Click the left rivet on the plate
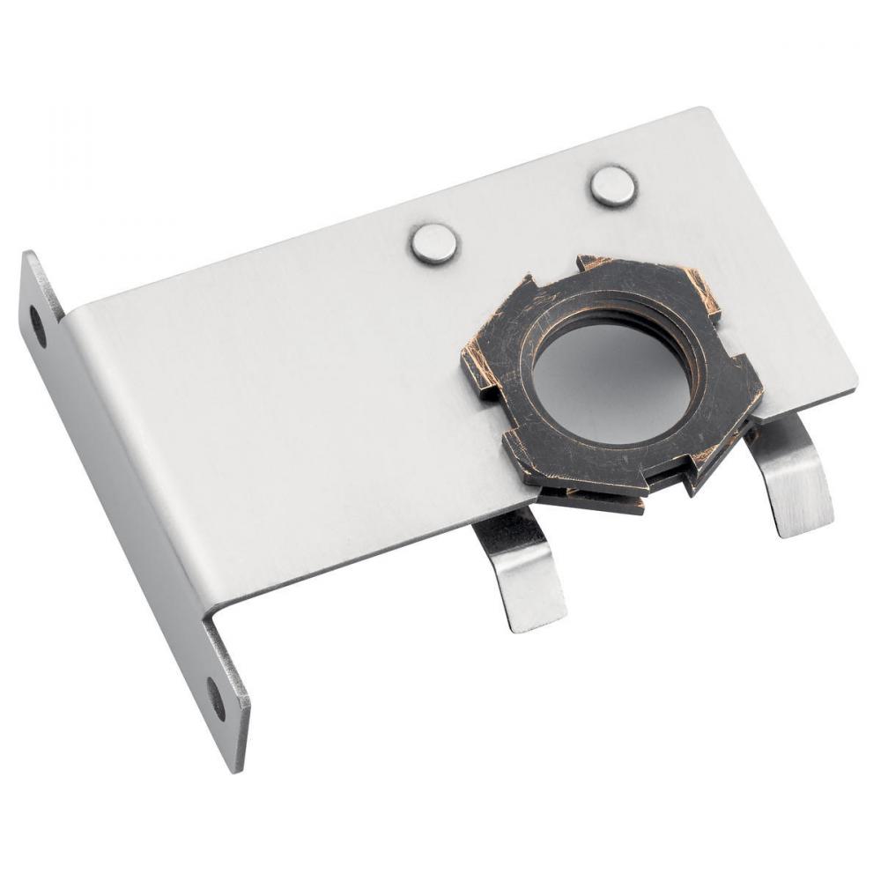(434, 243)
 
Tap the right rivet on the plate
(613, 187)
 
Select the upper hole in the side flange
(38, 325)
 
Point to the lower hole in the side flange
(216, 698)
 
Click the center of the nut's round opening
(611, 383)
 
